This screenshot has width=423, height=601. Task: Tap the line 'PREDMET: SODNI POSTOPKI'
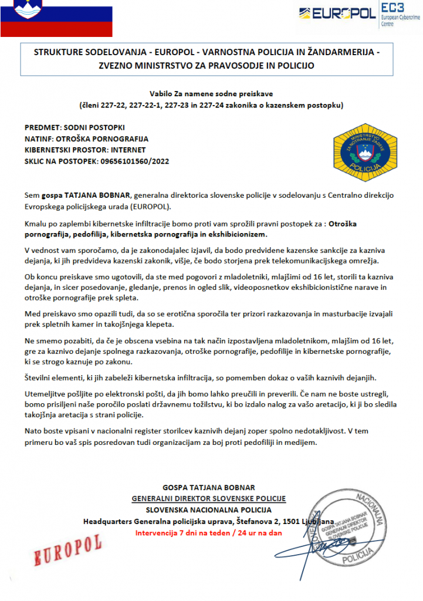click(75, 127)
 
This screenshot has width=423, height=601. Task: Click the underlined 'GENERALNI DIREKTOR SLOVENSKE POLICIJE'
click(208, 498)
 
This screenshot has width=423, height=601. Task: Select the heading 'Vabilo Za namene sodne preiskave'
click(211, 93)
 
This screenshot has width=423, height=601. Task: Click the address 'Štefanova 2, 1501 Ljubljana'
click(284, 521)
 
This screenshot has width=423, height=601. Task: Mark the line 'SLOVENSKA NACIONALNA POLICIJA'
click(208, 509)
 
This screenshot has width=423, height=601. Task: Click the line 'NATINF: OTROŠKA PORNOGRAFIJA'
click(86, 139)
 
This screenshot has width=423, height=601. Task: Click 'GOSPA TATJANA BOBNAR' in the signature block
click(208, 487)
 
